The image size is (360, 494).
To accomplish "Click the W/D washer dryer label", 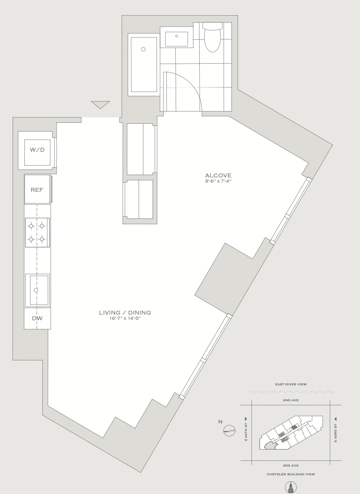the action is click(x=37, y=150).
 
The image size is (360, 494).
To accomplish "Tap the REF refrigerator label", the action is click(x=37, y=189).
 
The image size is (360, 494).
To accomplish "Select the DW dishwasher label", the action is click(x=37, y=318).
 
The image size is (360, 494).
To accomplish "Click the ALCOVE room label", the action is click(x=218, y=176).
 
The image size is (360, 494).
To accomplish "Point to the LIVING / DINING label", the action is click(x=125, y=312).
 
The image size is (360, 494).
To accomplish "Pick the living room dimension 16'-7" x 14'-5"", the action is click(x=125, y=318).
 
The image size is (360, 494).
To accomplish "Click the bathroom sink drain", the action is click(x=177, y=36).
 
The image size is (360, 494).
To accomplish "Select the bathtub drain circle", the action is click(x=143, y=49).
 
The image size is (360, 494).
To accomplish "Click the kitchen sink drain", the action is click(x=36, y=290).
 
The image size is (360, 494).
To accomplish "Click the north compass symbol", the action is click(x=229, y=430).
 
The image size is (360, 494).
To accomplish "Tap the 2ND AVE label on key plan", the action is click(x=291, y=400).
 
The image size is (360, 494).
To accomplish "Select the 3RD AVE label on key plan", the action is click(x=291, y=465).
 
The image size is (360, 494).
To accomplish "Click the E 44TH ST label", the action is click(x=246, y=430).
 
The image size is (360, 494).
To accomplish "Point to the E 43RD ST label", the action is click(x=336, y=430).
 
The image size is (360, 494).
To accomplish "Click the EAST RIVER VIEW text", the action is click(x=291, y=384).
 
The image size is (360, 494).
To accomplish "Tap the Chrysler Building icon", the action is click(x=291, y=487).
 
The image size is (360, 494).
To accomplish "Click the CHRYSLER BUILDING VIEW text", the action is click(x=291, y=474).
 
